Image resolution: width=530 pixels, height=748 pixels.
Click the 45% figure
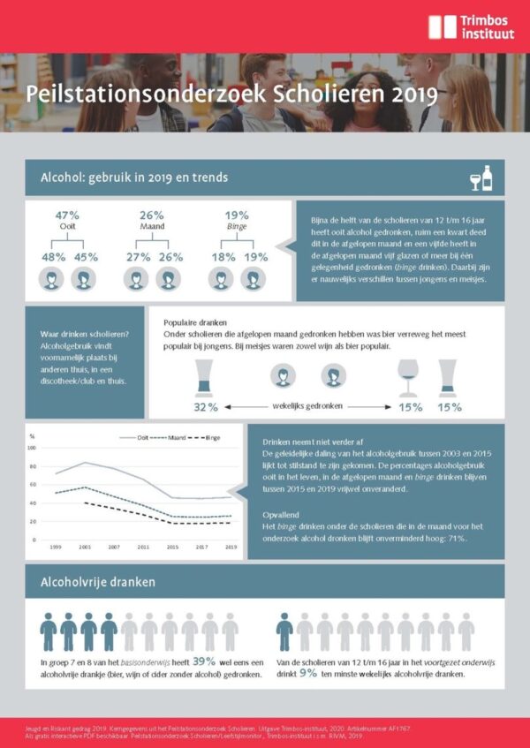point(85,257)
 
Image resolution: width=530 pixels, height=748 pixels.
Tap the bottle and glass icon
point(481,178)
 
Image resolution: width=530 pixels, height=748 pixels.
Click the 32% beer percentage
point(206,407)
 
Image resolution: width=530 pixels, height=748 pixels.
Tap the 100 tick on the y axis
point(33,447)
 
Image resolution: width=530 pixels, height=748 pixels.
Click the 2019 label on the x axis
point(231,548)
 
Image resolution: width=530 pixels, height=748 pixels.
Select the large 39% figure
point(204,661)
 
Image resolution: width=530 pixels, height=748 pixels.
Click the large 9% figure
point(307,672)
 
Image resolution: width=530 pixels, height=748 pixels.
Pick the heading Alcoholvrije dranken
point(98,582)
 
